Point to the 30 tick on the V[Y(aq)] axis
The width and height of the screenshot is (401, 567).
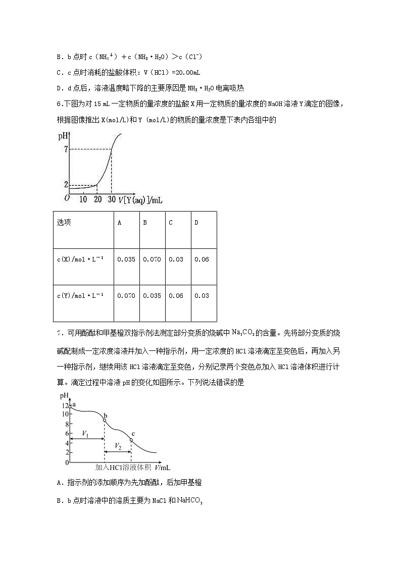click(112, 199)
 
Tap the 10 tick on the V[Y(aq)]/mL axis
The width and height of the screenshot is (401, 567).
click(83, 199)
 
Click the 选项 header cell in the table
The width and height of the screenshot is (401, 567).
click(64, 223)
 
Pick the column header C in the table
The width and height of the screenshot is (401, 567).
click(171, 223)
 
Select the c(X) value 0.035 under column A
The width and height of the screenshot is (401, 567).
click(126, 260)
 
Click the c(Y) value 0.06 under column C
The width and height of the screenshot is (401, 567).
click(176, 296)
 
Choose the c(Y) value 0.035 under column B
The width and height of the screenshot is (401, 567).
click(152, 296)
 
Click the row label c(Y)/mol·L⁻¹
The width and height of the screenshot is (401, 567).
click(80, 296)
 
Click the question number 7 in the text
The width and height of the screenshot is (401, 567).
click(59, 332)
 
